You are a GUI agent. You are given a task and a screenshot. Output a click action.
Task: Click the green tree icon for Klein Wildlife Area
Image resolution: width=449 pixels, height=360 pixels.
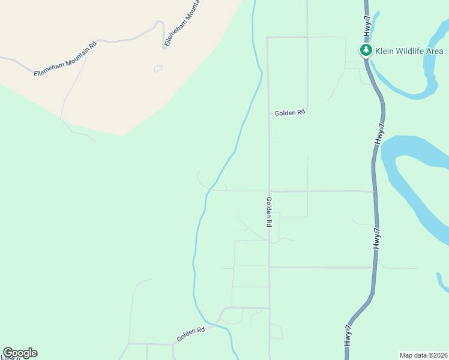point(365,50)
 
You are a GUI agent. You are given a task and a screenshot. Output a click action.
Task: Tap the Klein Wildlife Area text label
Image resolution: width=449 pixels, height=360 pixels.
point(409,51)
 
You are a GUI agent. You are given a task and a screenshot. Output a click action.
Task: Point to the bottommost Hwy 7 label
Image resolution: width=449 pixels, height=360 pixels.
point(348,334)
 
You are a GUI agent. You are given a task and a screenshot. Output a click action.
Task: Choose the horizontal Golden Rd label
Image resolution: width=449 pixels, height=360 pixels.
point(290,113)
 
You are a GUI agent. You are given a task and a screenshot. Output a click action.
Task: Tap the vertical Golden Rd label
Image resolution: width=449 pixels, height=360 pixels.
point(270,212)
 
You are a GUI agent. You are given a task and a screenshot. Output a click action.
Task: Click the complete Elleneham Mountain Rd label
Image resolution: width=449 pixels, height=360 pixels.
point(65,59)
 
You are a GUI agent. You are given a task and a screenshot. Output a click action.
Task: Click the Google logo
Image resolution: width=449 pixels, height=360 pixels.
point(20,353)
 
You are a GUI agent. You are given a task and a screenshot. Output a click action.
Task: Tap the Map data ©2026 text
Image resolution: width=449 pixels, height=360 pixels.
point(423,355)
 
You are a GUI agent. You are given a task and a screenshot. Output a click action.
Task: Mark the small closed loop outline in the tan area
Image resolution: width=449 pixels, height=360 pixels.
point(158,68)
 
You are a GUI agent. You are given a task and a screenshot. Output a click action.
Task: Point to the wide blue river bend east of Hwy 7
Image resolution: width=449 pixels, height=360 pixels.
point(414,180)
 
